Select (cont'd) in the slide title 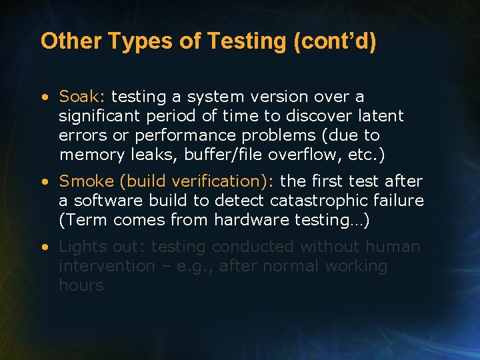coord(334,41)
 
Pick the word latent coord(379,116)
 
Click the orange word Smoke coord(85,181)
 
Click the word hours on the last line coord(81,285)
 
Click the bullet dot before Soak coord(44,97)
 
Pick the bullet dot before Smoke coord(44,182)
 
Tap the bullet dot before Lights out coord(44,247)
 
